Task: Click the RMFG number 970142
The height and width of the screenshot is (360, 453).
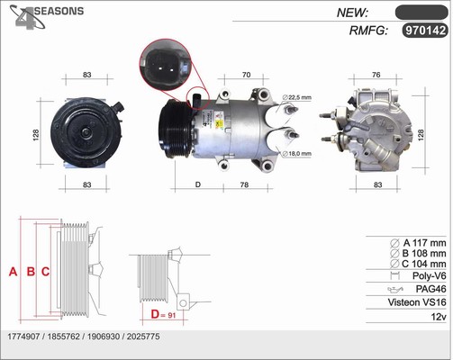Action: [x=425, y=31]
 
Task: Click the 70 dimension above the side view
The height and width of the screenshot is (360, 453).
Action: [x=246, y=75]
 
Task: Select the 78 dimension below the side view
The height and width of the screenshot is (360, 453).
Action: [x=244, y=184]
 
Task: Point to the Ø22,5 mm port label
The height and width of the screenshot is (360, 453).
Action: [x=296, y=97]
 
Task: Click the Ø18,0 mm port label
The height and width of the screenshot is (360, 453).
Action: [x=296, y=154]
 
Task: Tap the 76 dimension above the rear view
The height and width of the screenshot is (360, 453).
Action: [x=376, y=75]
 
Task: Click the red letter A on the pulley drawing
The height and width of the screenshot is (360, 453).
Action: [x=13, y=272]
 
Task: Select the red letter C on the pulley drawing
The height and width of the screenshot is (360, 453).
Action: [x=45, y=272]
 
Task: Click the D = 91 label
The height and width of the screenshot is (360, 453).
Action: [x=163, y=314]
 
